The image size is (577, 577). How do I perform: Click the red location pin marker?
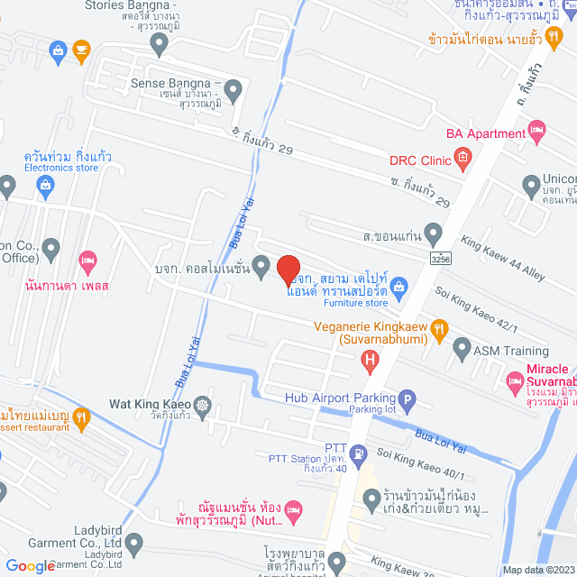[x=288, y=270]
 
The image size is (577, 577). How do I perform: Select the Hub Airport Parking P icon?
[x=407, y=398]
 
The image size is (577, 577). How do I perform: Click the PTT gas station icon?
[x=359, y=453]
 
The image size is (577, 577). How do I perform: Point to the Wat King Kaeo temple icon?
[x=202, y=405]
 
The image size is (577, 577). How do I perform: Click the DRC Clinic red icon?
[x=463, y=160]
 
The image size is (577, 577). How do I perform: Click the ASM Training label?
[x=513, y=351]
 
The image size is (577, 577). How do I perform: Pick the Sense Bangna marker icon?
[x=234, y=88]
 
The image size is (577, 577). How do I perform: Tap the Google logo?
[x=29, y=566]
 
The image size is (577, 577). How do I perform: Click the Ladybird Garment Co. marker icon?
[x=134, y=543]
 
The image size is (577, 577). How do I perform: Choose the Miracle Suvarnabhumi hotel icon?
[x=514, y=383]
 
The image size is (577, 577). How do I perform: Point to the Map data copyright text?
[x=537, y=570]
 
